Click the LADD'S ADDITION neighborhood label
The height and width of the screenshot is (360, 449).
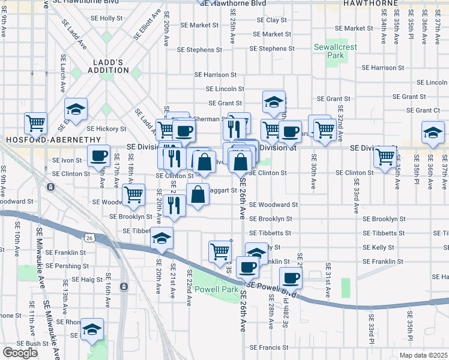point(111,66)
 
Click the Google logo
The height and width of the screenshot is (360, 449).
point(19,353)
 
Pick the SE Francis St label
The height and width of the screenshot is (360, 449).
point(268,347)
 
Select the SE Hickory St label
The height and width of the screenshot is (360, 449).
point(106,128)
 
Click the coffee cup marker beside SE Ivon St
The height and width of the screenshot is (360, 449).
point(98,156)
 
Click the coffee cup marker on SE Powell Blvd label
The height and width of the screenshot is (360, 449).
point(291,278)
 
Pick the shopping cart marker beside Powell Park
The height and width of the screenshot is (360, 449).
point(220,251)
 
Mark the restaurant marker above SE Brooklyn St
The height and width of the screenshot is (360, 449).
point(174,205)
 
